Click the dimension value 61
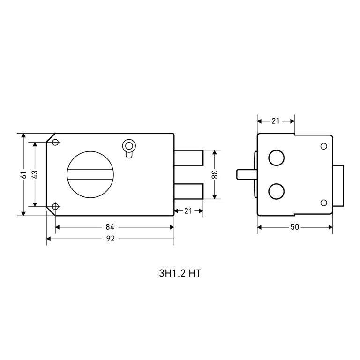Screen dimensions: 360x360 pyautogui.click(x=24, y=174)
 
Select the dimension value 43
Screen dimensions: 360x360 pyautogui.click(x=35, y=174)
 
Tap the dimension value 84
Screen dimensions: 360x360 pyautogui.click(x=110, y=227)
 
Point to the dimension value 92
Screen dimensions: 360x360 pyautogui.click(x=111, y=239)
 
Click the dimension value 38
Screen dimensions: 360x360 pyautogui.click(x=214, y=174)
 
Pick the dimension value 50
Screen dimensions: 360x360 pyautogui.click(x=295, y=227)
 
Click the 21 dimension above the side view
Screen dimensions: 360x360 pyautogui.click(x=276, y=121)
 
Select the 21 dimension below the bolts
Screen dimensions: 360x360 pyautogui.click(x=188, y=211)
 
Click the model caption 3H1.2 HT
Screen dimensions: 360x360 pyautogui.click(x=180, y=273)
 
